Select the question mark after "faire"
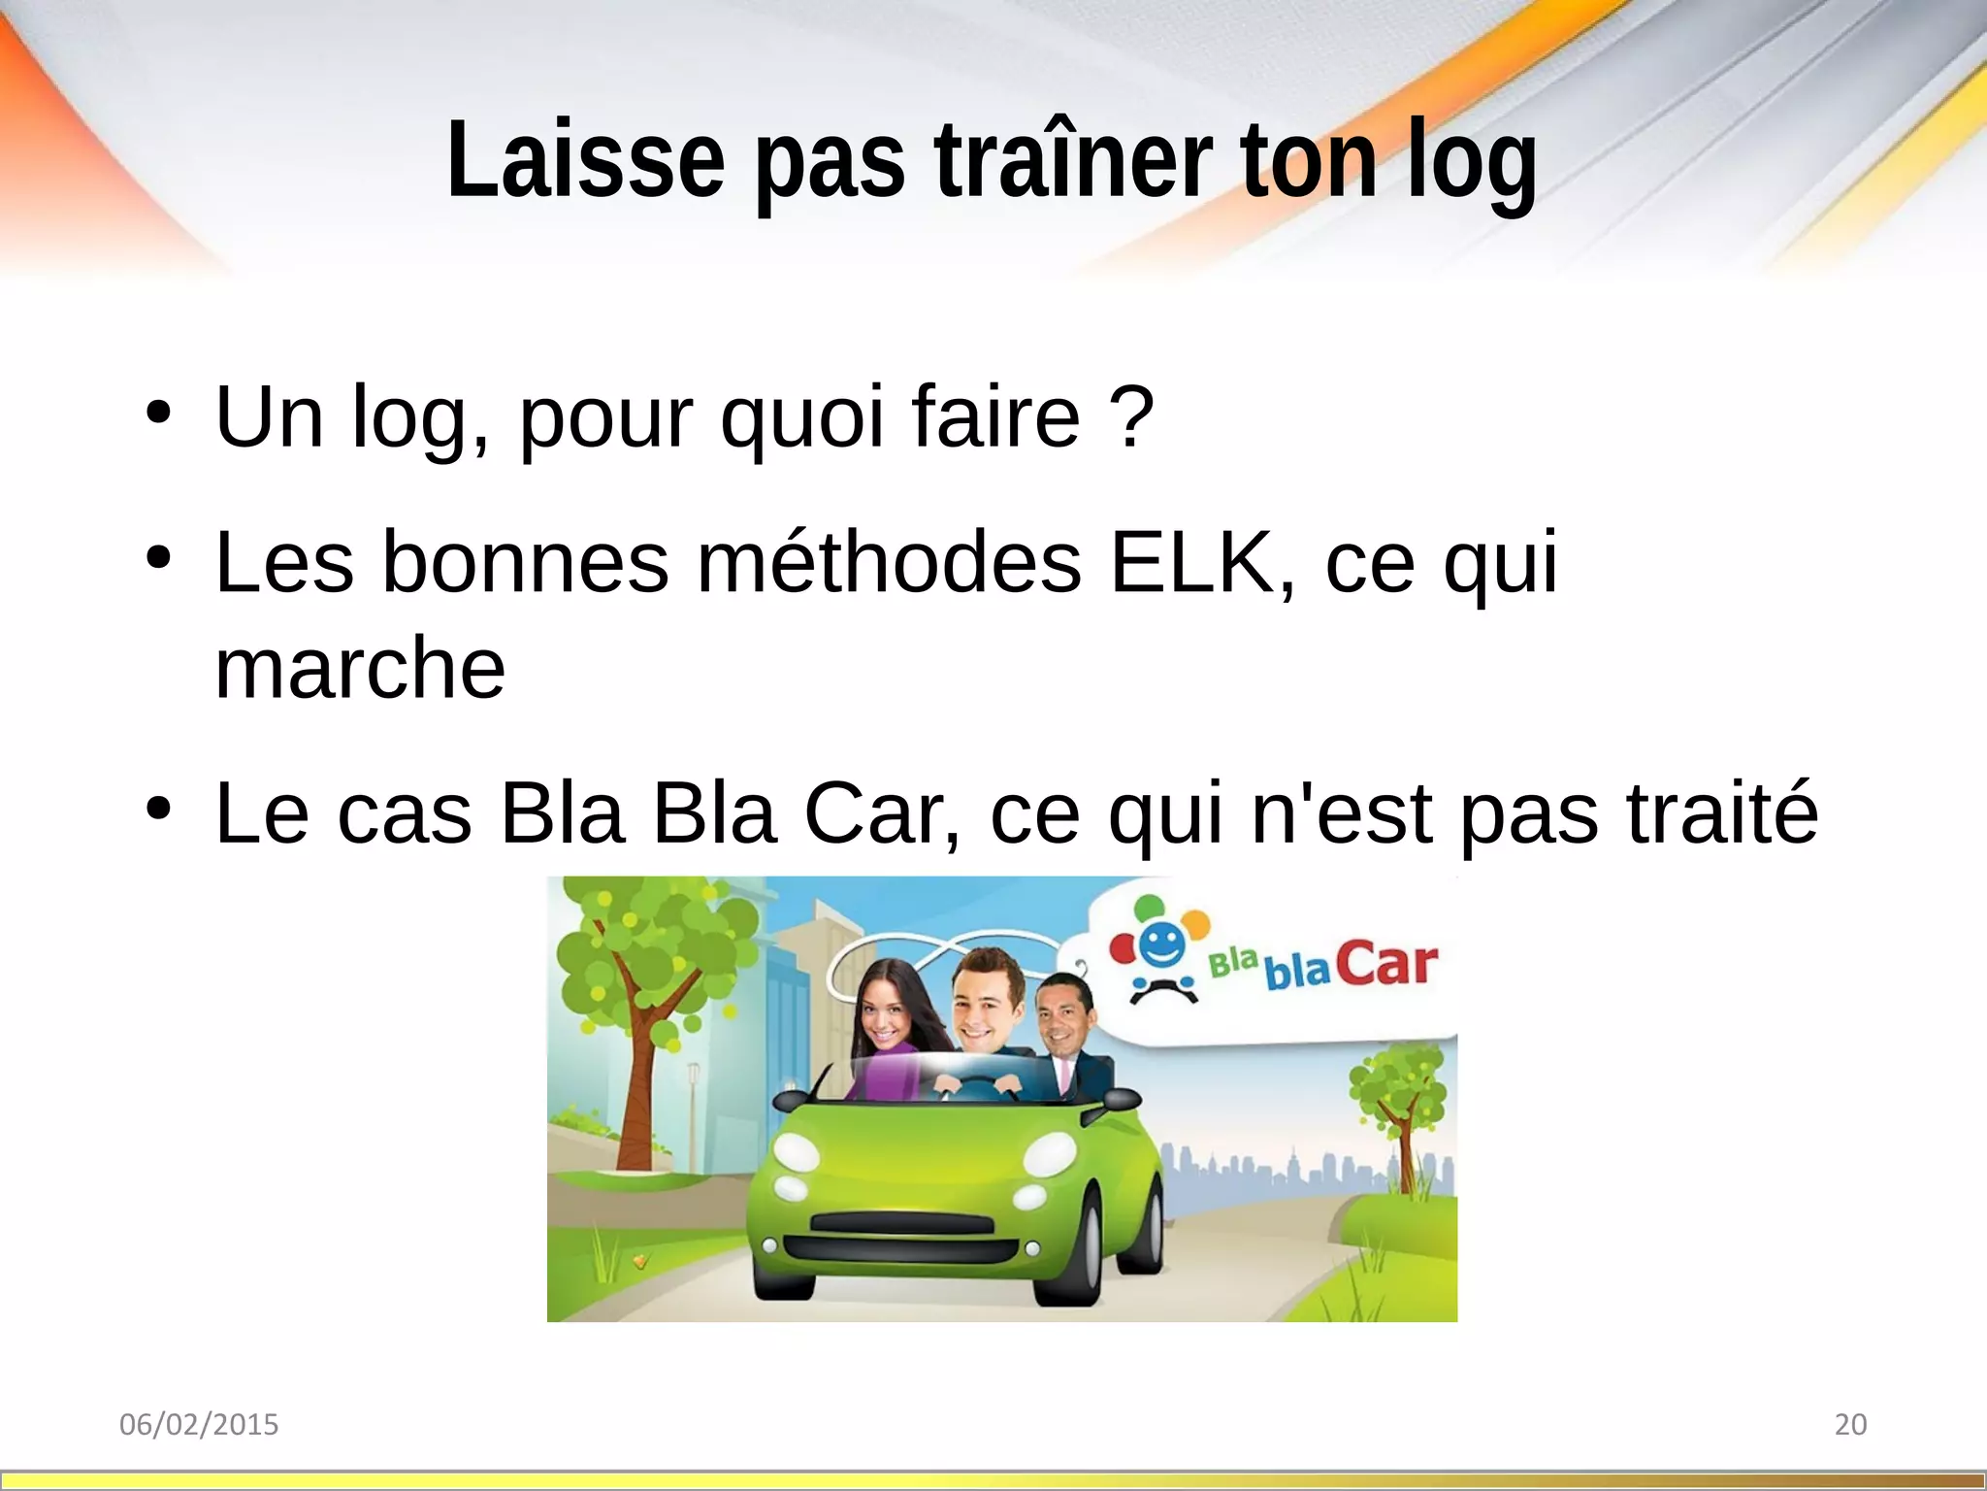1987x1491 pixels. tap(1131, 417)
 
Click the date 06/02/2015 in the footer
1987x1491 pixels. tap(199, 1424)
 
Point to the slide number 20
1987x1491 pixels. tap(1850, 1424)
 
